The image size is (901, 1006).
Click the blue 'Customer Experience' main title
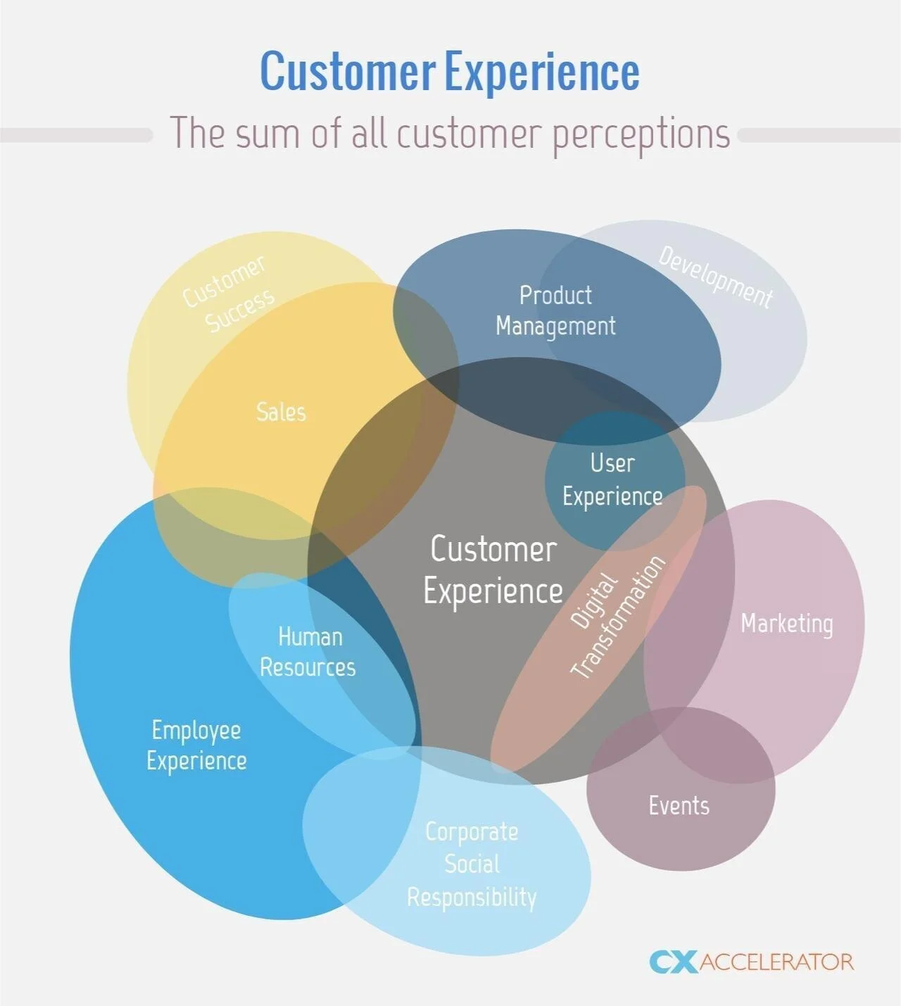(450, 72)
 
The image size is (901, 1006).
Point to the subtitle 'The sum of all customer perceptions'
(450, 133)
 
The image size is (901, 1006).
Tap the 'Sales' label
(281, 412)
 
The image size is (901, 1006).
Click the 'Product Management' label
(555, 310)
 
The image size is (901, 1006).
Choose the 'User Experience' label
(612, 479)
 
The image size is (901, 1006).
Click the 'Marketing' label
(786, 624)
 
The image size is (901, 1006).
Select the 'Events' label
(679, 805)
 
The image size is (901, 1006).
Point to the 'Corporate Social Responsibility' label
(472, 864)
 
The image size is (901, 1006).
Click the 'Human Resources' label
(308, 652)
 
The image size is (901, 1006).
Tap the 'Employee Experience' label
(196, 746)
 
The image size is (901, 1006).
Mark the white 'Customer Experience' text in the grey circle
(493, 570)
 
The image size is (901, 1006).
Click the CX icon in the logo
(673, 962)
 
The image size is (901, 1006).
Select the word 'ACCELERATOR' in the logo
(776, 962)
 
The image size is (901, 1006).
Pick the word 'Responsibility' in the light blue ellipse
(472, 897)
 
